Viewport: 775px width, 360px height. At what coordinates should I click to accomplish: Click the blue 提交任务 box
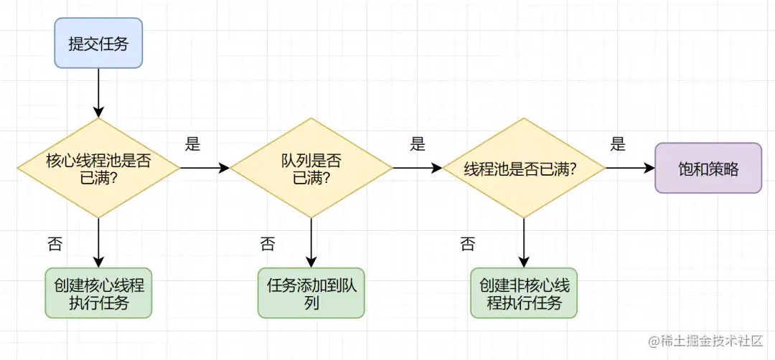click(x=99, y=42)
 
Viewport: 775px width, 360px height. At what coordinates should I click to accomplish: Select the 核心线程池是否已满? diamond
click(x=99, y=168)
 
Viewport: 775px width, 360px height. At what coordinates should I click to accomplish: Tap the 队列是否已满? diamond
click(x=311, y=168)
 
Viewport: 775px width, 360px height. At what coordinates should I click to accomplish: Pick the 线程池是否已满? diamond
click(x=523, y=169)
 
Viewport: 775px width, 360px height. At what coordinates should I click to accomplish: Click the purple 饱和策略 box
click(x=708, y=168)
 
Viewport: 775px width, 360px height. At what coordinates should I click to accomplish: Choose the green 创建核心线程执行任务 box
click(x=99, y=293)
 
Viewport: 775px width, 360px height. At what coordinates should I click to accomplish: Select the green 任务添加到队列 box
click(x=311, y=293)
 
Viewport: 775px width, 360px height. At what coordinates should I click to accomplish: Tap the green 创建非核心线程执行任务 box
click(x=524, y=293)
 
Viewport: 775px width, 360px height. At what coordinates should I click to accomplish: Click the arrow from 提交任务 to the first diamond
click(x=99, y=93)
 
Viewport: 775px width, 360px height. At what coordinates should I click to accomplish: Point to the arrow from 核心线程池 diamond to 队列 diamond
click(x=205, y=168)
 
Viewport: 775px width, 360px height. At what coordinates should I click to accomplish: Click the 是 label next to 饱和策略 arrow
click(x=618, y=144)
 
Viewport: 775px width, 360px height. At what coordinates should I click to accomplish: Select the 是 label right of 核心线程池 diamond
click(x=192, y=144)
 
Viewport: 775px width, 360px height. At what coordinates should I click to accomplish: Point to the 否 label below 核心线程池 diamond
click(x=55, y=244)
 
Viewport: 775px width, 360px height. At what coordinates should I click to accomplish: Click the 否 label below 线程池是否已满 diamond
click(x=467, y=244)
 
